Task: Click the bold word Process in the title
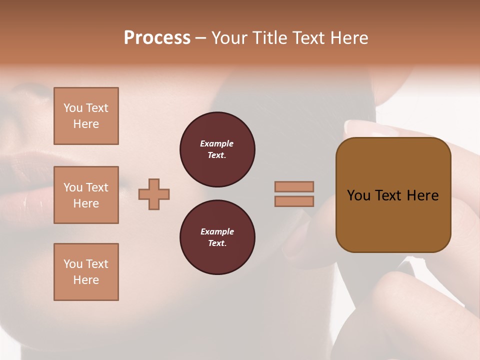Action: [x=157, y=38]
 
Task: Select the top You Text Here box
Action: [x=86, y=116]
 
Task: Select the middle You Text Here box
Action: [x=86, y=195]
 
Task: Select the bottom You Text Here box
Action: [x=86, y=272]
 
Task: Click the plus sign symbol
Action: [x=154, y=194]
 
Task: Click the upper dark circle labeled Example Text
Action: [x=217, y=149]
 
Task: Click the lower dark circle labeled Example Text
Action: [x=217, y=237]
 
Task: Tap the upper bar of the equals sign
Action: [x=294, y=186]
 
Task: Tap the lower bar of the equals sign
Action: [x=294, y=201]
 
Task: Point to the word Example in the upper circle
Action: [x=217, y=143]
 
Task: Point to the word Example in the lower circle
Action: [x=217, y=231]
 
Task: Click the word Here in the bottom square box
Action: [x=86, y=280]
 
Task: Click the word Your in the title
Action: [x=229, y=38]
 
